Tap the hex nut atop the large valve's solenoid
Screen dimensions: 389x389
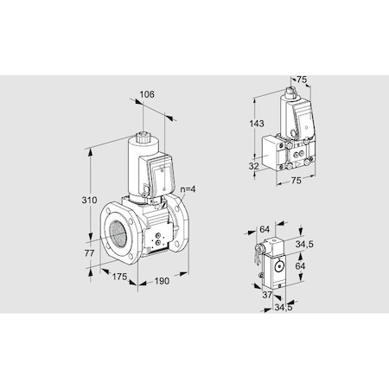[141, 137]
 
